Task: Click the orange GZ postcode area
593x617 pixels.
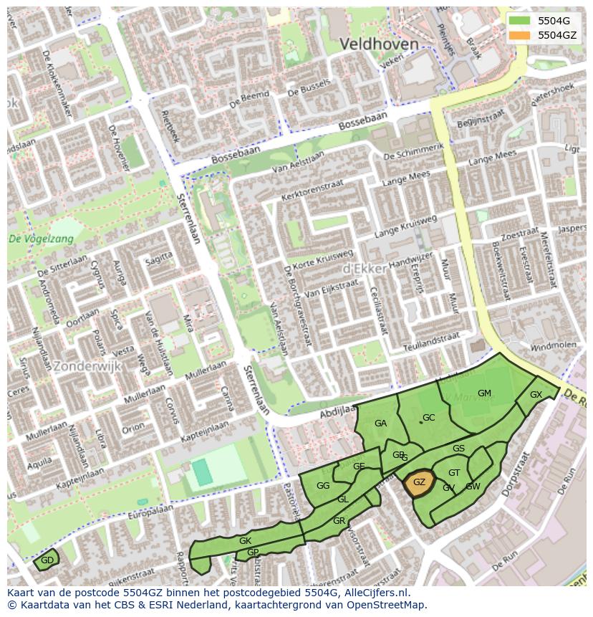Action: [419, 483]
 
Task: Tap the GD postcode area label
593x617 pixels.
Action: [47, 560]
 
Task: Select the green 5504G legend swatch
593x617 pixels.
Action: [521, 21]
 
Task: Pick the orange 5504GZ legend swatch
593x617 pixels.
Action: [521, 35]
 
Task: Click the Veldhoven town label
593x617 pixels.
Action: [378, 44]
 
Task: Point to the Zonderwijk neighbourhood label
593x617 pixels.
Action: [87, 365]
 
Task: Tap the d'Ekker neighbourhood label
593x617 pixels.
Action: [365, 268]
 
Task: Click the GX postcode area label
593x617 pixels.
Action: [536, 395]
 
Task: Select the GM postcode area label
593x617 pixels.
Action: [484, 393]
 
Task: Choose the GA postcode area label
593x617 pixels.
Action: [380, 424]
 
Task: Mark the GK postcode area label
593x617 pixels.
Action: [245, 541]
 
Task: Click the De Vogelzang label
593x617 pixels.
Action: [41, 239]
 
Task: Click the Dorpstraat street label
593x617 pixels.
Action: [529, 472]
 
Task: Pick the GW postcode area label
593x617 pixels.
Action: [473, 487]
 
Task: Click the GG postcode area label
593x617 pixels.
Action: [323, 486]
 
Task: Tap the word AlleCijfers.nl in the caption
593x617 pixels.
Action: [380, 593]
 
